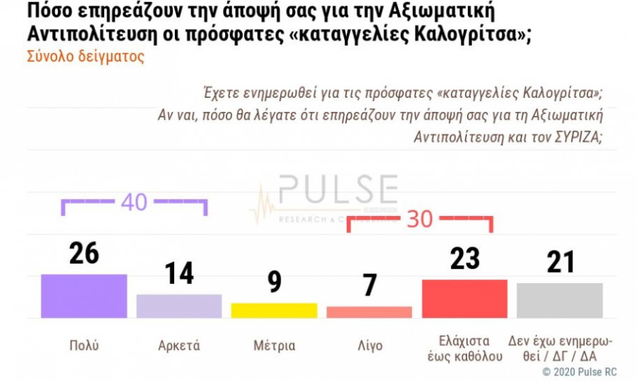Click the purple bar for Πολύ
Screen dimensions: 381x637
84,296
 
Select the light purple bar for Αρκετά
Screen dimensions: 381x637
179,306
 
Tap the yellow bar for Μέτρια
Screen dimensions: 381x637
274,310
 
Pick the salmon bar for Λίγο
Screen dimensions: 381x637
369,312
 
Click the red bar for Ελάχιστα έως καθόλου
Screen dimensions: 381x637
464,298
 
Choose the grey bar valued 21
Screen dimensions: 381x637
559,300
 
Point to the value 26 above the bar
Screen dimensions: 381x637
84,253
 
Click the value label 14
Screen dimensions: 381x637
179,273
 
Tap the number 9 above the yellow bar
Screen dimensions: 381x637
274,282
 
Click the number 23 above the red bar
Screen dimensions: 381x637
464,258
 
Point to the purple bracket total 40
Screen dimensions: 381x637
134,202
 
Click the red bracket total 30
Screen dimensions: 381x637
420,220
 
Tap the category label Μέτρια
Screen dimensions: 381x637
274,346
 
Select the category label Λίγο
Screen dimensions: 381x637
369,346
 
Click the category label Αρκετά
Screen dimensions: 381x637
179,346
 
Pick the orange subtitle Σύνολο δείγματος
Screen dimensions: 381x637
86,57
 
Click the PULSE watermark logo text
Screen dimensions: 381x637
338,190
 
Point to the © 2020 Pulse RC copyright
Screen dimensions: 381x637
579,371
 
